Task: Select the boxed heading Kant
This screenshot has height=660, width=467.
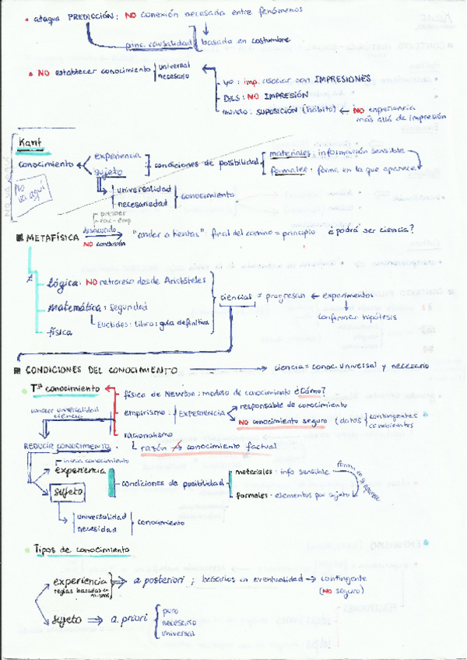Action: (x=30, y=143)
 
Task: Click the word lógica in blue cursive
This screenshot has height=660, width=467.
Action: (x=62, y=284)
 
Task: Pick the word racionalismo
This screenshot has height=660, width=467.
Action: (x=145, y=435)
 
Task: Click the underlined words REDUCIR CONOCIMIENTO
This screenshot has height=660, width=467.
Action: (x=54, y=446)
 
